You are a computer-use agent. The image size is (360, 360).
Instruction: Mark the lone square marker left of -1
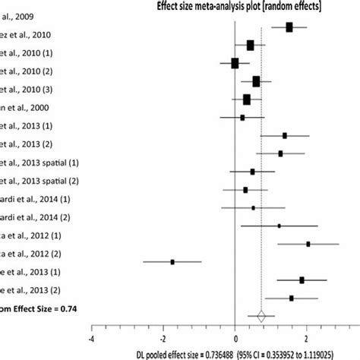click(x=172, y=261)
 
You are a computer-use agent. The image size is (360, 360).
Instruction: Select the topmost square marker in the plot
click(x=289, y=27)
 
